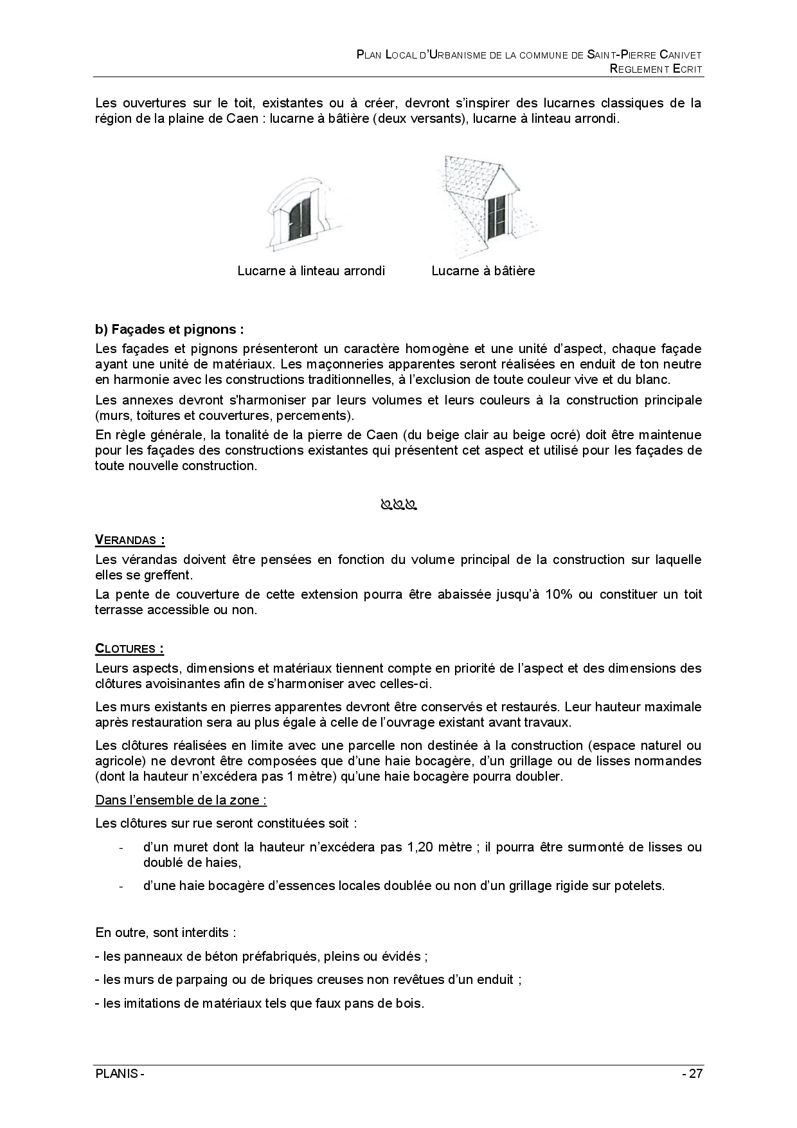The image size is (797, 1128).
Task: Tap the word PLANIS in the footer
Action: pos(116,1074)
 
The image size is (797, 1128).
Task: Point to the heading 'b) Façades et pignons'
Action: pos(169,329)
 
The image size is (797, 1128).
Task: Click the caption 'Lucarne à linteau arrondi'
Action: pos(311,271)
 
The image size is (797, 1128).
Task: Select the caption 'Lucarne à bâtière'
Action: pos(483,271)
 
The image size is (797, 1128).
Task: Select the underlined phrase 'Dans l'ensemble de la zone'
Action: pos(181,800)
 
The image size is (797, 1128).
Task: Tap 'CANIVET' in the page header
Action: pos(681,55)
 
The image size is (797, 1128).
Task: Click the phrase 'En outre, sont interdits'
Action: pos(165,932)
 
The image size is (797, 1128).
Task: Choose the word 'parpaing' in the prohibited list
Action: pos(186,979)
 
